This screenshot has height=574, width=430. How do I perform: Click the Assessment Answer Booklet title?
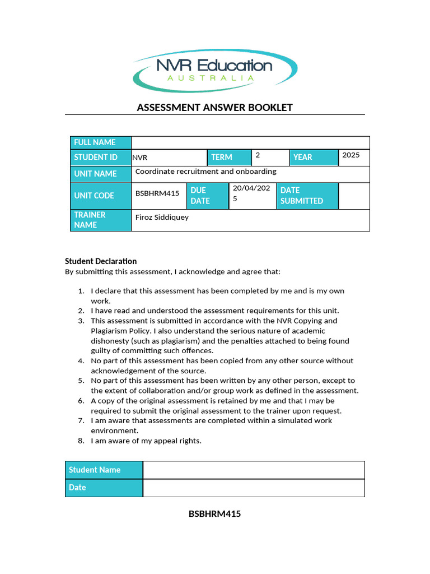[x=214, y=108]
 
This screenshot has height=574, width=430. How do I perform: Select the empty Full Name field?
[x=250, y=142]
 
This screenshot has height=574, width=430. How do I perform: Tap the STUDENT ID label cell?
[x=100, y=158]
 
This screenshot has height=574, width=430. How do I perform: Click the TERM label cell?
[x=228, y=158]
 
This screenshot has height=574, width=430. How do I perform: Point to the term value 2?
[x=258, y=155]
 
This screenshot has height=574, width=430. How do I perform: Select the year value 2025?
[x=351, y=155]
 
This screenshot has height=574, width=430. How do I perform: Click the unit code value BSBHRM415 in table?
[x=157, y=193]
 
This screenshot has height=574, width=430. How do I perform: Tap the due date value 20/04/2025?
[x=251, y=193]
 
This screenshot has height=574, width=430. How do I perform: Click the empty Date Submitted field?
[x=354, y=196]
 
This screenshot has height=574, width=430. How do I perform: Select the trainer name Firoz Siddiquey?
[x=162, y=217]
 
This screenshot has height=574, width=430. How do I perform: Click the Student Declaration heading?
[x=101, y=261]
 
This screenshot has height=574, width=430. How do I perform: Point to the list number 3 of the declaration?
[x=81, y=321]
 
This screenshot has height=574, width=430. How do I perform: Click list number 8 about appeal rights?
[x=81, y=441]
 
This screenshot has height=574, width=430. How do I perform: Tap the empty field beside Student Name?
[x=254, y=470]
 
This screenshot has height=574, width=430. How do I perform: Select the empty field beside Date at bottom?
[x=254, y=488]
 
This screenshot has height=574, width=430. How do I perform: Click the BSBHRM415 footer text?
[x=214, y=513]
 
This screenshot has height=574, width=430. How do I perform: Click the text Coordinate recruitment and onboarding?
[x=206, y=172]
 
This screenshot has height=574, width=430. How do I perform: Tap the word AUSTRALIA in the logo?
[x=211, y=78]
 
